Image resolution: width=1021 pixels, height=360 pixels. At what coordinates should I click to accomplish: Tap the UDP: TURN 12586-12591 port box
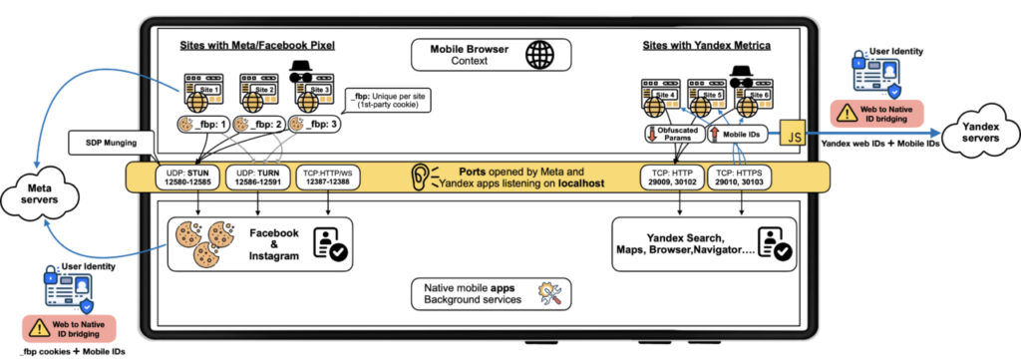tap(258, 178)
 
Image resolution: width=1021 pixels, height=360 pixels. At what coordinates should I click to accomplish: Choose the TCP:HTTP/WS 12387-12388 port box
tap(328, 178)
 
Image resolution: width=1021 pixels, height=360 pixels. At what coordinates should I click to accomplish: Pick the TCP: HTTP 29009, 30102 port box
tap(671, 178)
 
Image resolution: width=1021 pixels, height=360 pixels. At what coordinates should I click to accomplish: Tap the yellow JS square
tap(794, 134)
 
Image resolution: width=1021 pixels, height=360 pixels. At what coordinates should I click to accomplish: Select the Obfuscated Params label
tap(671, 134)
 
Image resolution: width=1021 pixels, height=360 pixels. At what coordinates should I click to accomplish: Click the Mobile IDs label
tap(741, 134)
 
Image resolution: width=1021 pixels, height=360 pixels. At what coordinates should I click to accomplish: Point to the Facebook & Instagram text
tap(273, 244)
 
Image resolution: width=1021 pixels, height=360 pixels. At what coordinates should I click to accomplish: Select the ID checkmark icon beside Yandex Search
tap(776, 244)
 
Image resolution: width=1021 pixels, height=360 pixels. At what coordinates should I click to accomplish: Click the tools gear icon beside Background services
tap(550, 294)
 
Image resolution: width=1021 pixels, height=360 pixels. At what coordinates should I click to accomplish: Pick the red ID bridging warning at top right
tap(876, 112)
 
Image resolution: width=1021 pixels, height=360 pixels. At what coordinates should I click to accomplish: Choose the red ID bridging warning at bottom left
tap(69, 327)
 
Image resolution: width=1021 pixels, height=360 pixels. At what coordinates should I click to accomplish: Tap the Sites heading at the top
tap(193, 45)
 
